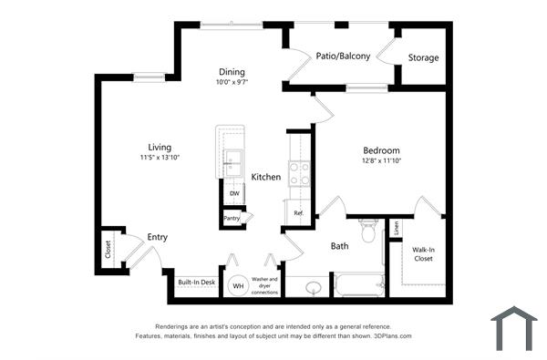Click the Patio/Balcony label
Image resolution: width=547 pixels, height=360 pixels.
click(343, 57)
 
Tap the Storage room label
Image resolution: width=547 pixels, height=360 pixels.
click(423, 57)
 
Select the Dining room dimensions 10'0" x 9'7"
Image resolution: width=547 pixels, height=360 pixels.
click(232, 83)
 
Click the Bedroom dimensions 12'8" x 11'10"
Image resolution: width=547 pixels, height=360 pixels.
click(381, 161)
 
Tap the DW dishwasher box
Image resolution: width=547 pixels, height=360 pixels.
click(234, 193)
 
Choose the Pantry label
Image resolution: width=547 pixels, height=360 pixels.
click(232, 218)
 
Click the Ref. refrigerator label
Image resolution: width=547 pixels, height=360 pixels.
click(298, 213)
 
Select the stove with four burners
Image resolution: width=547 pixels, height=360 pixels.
click(299, 173)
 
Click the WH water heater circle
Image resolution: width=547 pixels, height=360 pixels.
click(238, 285)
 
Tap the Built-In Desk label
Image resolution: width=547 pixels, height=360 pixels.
click(196, 283)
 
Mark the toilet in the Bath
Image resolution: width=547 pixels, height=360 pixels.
click(369, 232)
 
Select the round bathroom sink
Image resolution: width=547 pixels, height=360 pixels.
click(312, 288)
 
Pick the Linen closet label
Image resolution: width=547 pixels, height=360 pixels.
click(396, 228)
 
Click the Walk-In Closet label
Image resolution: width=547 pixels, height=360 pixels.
click(423, 253)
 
